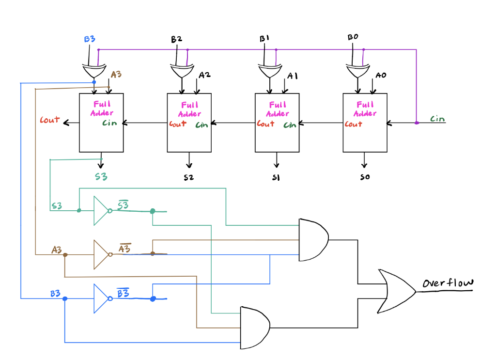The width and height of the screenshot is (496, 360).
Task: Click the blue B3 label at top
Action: pos(90,39)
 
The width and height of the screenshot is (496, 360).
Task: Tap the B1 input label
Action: pos(264,38)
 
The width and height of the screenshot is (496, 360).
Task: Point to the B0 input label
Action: pos(353,37)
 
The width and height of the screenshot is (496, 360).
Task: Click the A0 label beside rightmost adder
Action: pos(381,76)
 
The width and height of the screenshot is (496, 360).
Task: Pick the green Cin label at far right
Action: pos(437,119)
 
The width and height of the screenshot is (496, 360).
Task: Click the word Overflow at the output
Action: pos(447,283)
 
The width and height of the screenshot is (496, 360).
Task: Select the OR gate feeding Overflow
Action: pos(395,291)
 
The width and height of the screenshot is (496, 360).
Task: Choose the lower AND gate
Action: pos(254,328)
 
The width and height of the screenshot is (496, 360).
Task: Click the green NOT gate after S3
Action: pos(102,211)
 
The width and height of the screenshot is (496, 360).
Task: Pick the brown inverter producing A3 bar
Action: pos(102,254)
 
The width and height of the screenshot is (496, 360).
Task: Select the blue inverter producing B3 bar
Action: pos(102,298)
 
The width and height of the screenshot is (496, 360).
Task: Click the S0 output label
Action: pos(365,177)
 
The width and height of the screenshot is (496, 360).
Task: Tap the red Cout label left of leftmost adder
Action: pos(50,120)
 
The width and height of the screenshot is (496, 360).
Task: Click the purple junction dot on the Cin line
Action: pos(417,123)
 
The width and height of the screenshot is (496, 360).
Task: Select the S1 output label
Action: pos(276,178)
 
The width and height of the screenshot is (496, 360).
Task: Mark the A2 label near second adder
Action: pos(204,76)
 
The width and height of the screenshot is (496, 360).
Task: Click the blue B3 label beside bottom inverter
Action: pos(55,294)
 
